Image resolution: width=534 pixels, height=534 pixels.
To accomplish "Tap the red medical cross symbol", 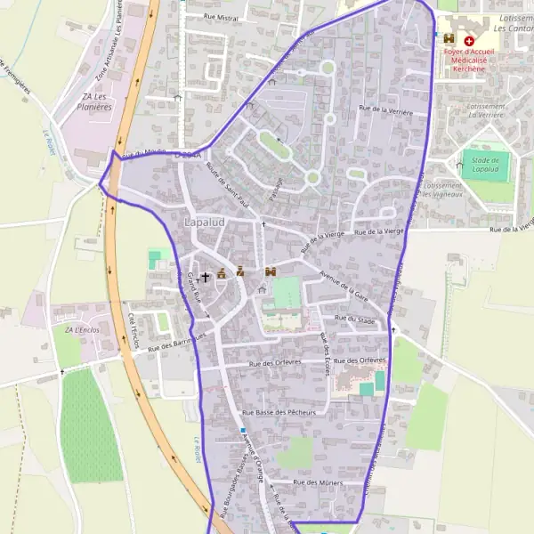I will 469,41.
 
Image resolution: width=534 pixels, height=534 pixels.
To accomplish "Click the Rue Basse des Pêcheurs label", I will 279,413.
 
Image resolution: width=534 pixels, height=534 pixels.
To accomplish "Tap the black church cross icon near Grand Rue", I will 205,277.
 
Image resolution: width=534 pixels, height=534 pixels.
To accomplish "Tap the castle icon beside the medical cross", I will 449,40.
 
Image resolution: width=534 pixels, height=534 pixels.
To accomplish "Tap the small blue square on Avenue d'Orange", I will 242,432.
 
